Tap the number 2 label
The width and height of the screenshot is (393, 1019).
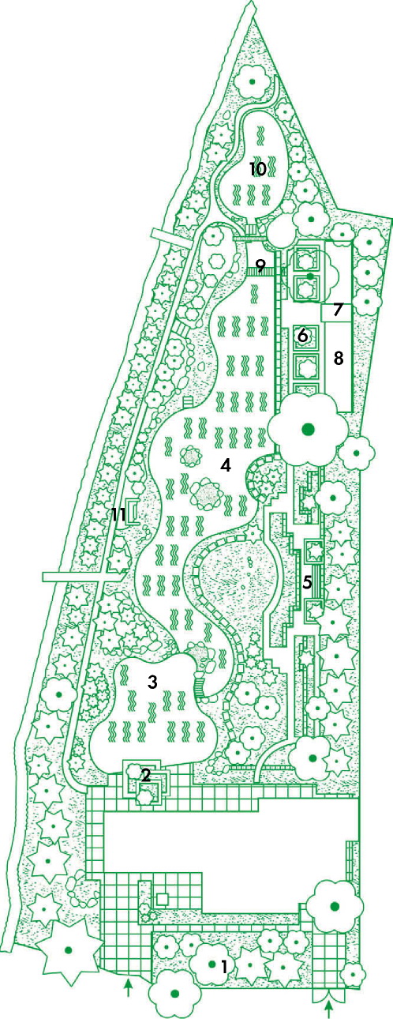click(x=145, y=775)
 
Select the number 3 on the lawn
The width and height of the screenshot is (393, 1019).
click(x=152, y=682)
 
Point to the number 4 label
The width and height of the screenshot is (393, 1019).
click(x=226, y=465)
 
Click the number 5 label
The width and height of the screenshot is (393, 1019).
click(x=308, y=581)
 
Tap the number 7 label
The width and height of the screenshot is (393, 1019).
click(x=337, y=310)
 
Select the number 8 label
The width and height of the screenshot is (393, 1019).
click(x=338, y=359)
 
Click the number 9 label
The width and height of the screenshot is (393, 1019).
click(x=260, y=265)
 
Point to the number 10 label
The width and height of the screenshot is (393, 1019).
click(x=257, y=169)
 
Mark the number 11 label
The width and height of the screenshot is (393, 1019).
click(x=118, y=514)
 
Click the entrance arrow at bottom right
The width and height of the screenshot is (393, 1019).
click(x=328, y=1009)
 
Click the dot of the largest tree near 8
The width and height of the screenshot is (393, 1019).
click(x=309, y=428)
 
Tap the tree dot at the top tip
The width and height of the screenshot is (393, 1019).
click(x=252, y=81)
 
